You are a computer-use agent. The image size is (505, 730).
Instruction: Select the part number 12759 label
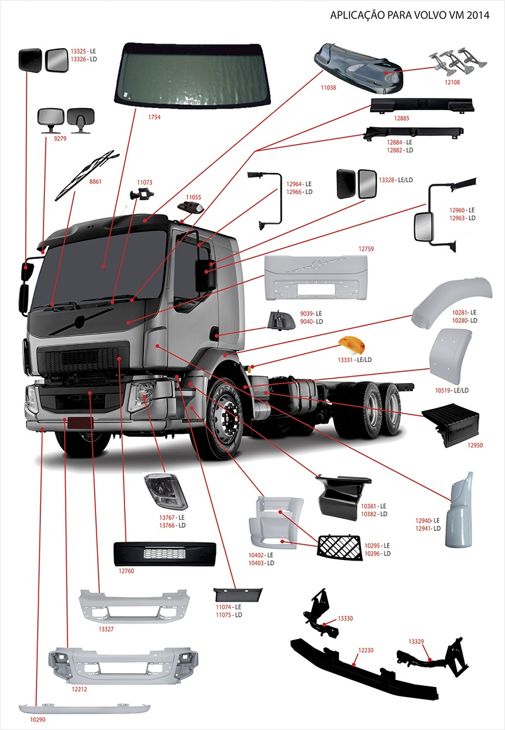click(x=366, y=249)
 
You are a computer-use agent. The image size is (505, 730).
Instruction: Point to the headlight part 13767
click(x=165, y=490)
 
